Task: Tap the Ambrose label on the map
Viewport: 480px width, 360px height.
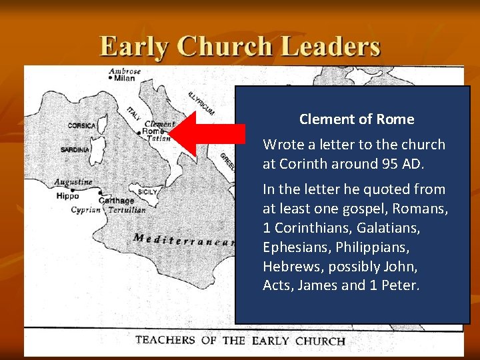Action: [125, 71]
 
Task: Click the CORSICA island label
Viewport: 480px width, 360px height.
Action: [81, 125]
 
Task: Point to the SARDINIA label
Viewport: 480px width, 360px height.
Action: [75, 150]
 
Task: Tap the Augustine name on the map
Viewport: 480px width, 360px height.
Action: [73, 182]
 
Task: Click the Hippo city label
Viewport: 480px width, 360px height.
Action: [67, 196]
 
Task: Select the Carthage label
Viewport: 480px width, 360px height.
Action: [116, 201]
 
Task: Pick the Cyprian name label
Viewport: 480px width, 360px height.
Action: [85, 209]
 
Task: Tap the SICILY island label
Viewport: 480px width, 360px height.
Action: [147, 192]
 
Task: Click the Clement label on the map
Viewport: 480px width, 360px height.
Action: [159, 124]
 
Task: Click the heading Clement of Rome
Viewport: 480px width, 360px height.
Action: [357, 119]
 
